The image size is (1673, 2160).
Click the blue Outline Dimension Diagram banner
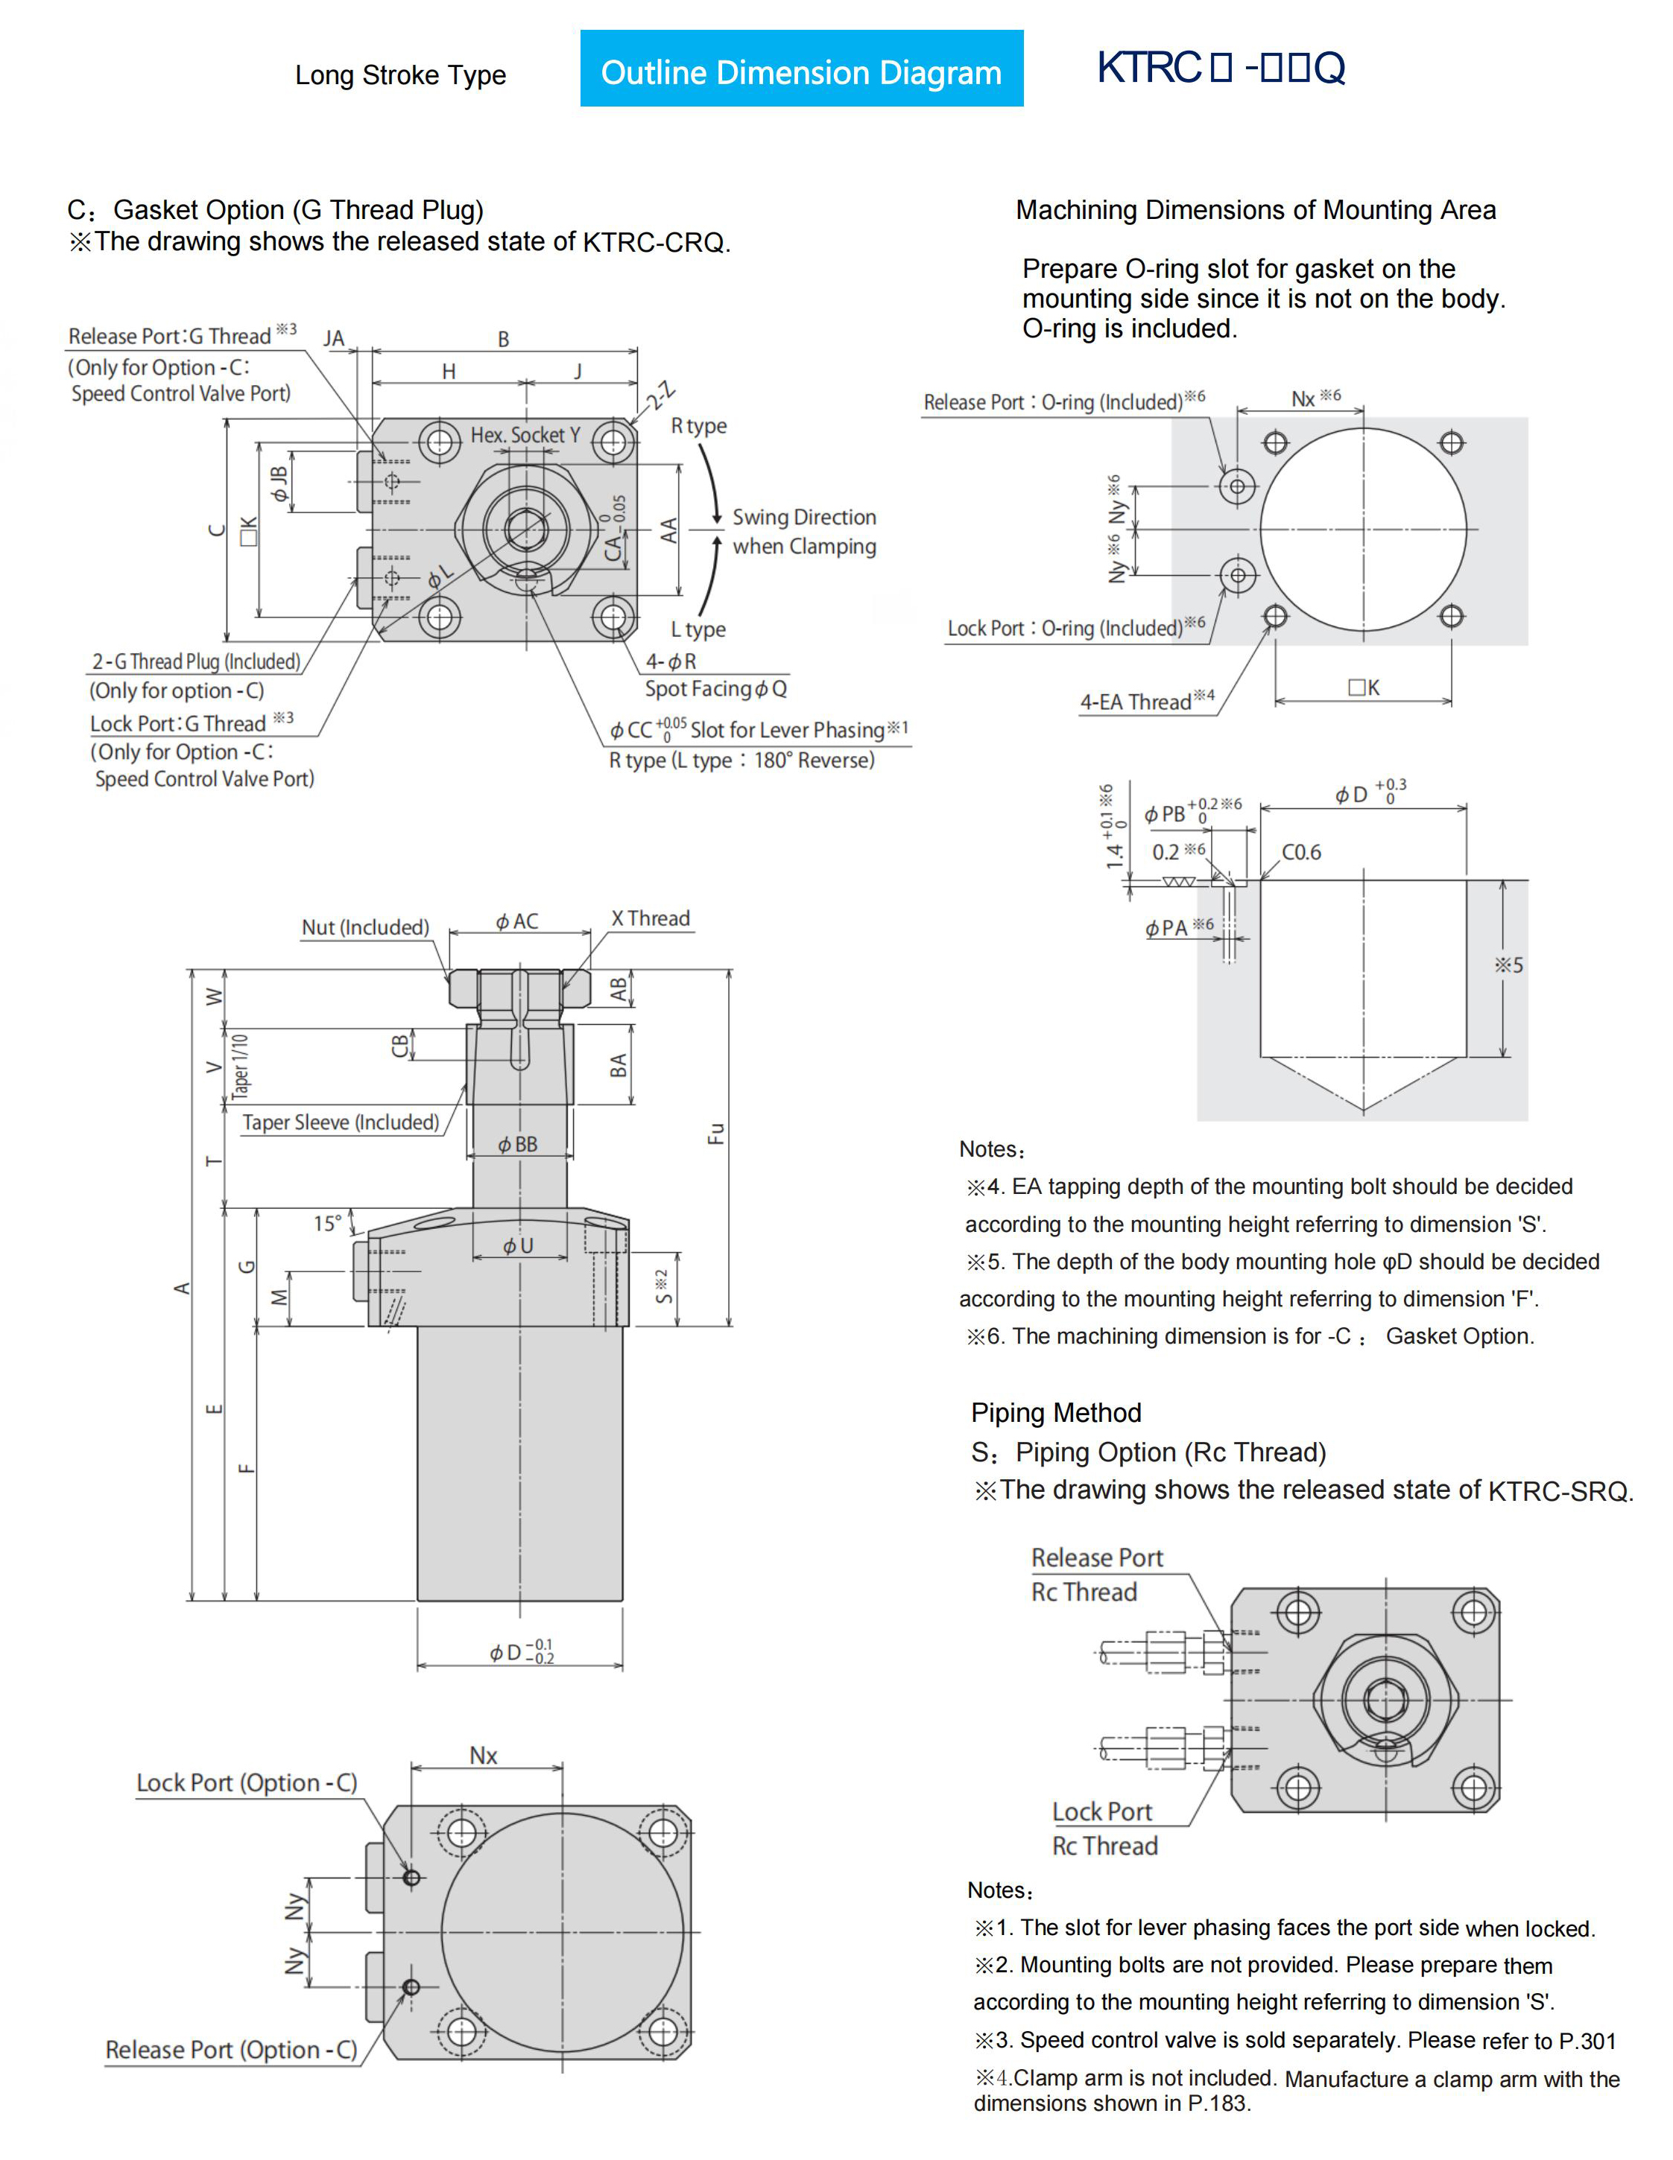(800, 69)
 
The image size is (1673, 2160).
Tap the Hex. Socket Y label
(525, 434)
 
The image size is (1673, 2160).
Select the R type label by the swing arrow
(698, 425)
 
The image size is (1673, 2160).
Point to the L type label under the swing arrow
(698, 629)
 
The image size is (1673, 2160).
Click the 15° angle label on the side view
(327, 1224)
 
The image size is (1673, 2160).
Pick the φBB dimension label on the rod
(517, 1144)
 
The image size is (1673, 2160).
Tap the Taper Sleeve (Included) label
(341, 1122)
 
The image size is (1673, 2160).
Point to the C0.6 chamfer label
(1301, 853)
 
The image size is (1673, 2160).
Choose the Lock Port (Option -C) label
(247, 1782)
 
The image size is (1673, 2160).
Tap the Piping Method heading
(1056, 1412)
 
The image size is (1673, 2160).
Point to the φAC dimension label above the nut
(517, 922)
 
